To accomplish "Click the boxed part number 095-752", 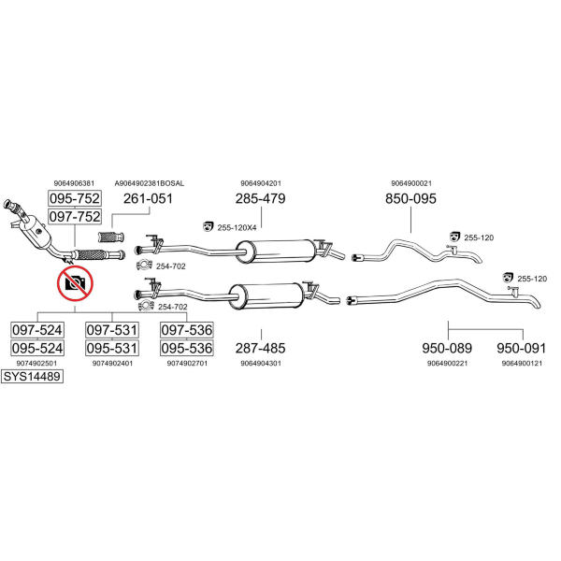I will (75, 199).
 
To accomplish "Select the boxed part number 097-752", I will (75, 216).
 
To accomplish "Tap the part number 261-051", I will (149, 199).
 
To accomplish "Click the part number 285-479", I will (261, 199).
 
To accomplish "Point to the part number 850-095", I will (410, 199).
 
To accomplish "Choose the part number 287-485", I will (261, 348).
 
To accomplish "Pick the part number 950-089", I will (447, 348).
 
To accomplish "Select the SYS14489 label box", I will (32, 378).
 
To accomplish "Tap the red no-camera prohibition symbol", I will (74, 282).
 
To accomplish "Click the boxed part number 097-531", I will (112, 330).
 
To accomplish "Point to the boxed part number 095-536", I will (186, 348).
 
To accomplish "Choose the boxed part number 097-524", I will (37, 330).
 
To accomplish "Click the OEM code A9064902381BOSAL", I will (150, 183).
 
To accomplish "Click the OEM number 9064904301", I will (261, 363).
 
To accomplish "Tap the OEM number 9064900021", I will (410, 183).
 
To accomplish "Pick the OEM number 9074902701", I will (186, 363).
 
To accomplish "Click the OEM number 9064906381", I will (75, 183).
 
